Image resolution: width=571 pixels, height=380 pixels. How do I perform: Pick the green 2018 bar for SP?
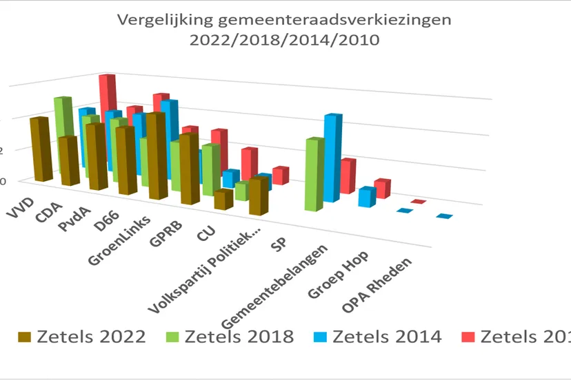tap(314, 175)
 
